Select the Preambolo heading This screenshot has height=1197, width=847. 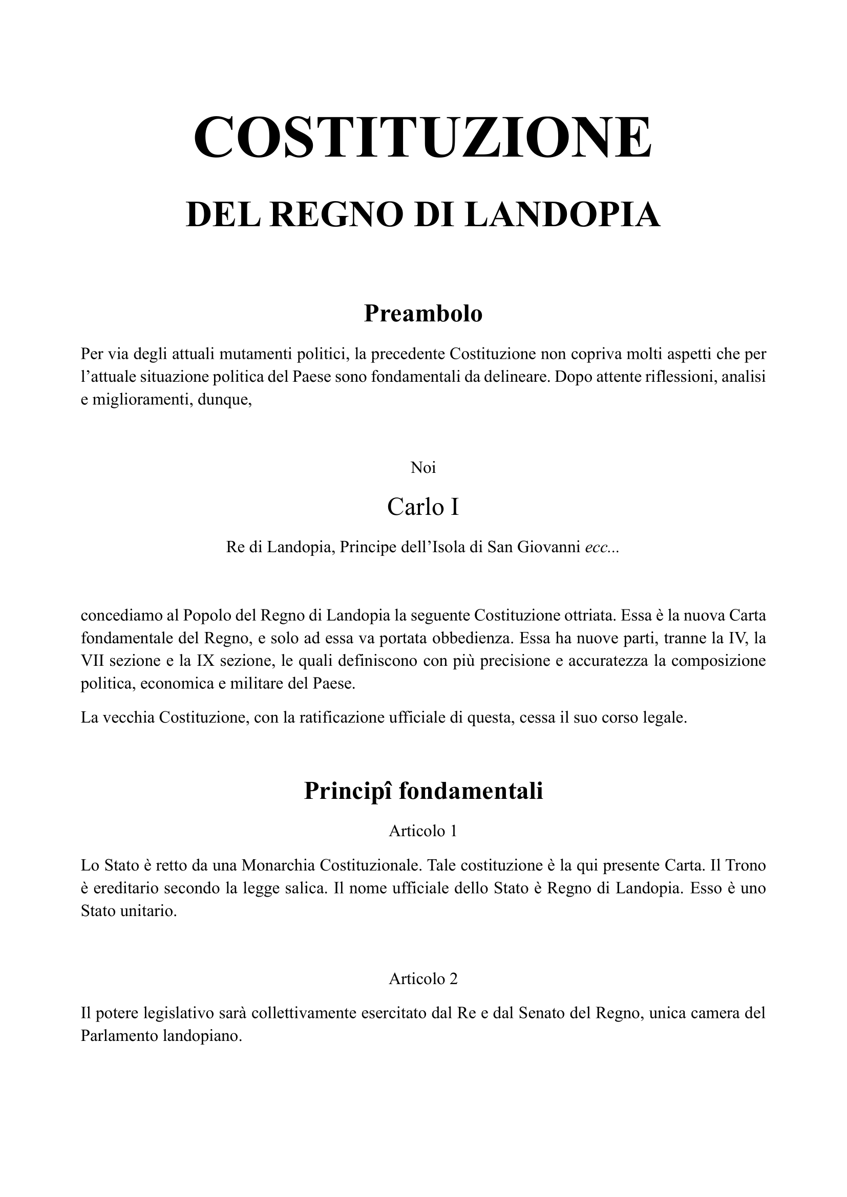[423, 313]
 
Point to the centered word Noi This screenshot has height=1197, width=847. [423, 468]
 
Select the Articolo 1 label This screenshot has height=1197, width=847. [423, 831]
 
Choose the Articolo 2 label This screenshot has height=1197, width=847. [423, 979]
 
